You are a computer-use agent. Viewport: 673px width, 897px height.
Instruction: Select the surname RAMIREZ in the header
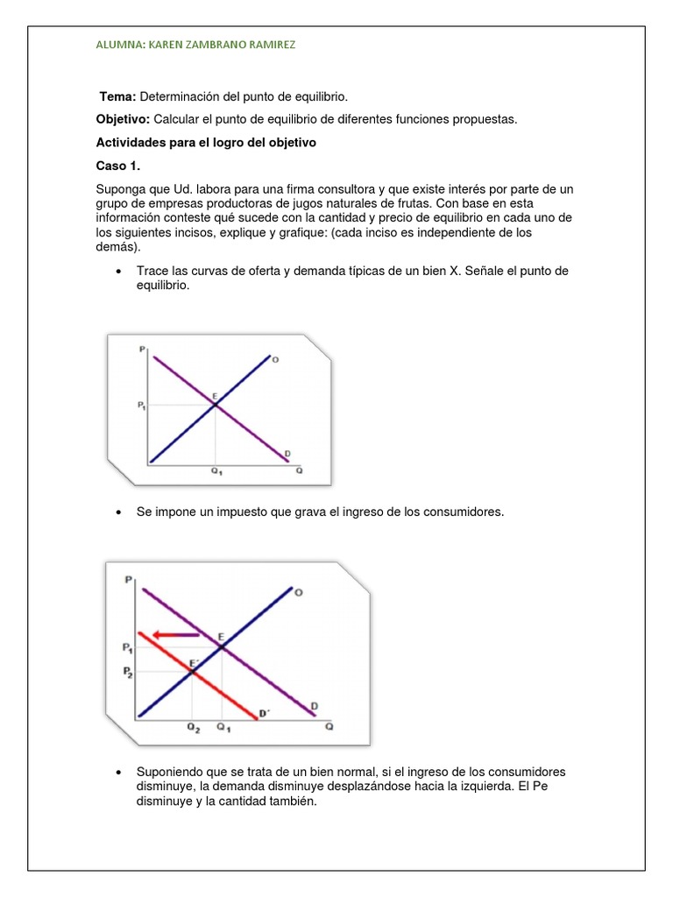(266, 45)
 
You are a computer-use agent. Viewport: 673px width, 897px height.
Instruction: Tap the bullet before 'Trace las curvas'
(117, 272)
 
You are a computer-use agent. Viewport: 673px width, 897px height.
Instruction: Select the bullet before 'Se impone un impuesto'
(117, 512)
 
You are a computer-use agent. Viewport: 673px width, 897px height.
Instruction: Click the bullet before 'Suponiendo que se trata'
(117, 772)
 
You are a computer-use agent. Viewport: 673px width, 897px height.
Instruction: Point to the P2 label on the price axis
(128, 672)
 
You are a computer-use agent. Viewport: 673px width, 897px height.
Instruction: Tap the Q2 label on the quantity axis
(192, 727)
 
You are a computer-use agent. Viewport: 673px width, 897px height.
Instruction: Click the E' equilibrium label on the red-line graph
(195, 663)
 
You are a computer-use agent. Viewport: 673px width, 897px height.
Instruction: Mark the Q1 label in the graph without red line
(215, 470)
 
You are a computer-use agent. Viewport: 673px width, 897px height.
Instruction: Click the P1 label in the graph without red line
(142, 405)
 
